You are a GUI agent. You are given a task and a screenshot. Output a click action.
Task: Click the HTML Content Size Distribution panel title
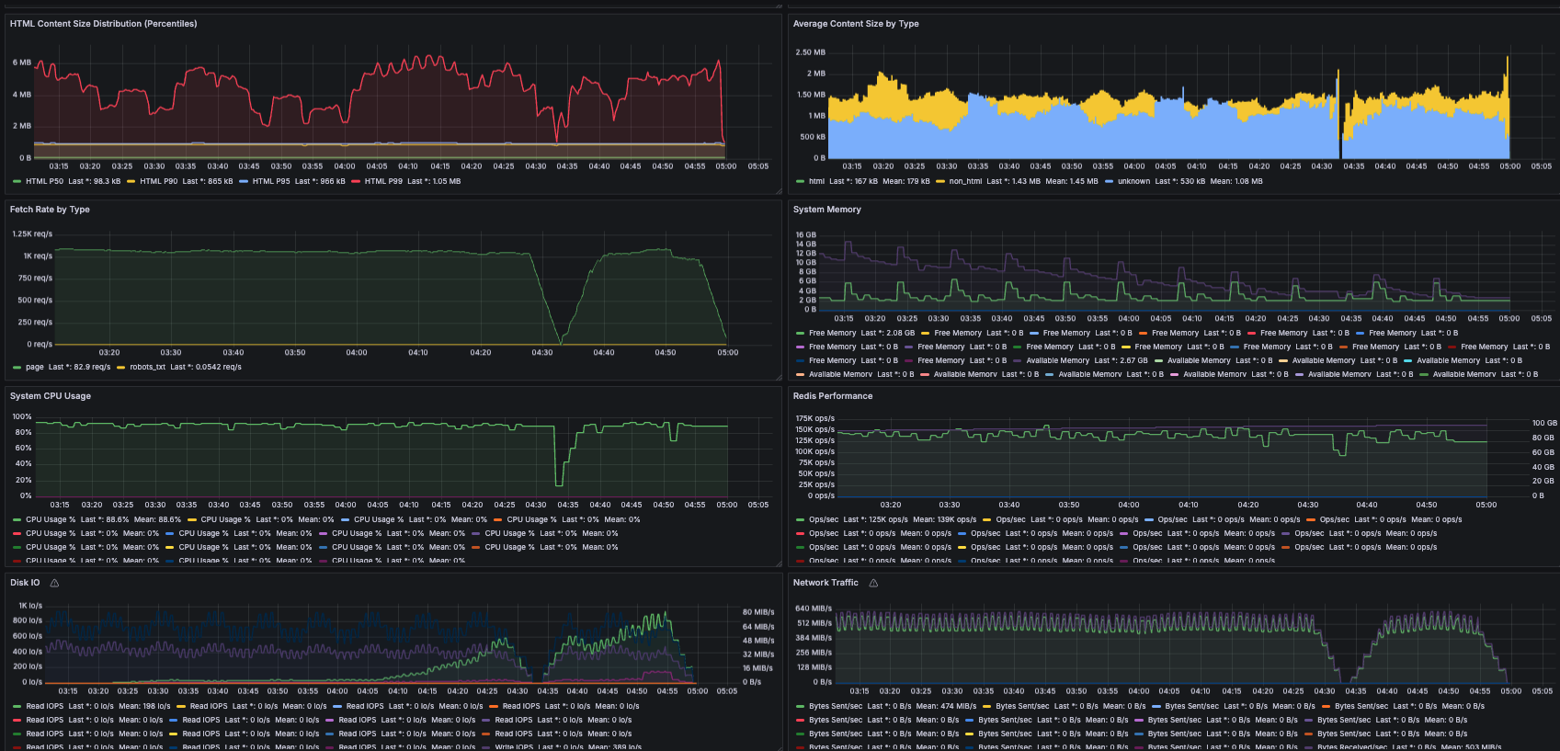point(103,24)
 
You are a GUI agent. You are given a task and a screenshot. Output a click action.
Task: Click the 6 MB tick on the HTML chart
point(22,63)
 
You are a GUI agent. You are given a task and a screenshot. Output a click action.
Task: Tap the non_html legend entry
point(965,181)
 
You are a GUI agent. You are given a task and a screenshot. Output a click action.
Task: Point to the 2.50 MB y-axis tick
point(810,52)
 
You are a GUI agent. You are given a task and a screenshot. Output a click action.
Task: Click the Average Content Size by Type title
point(855,24)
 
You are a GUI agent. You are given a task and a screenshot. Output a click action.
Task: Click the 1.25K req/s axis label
point(32,233)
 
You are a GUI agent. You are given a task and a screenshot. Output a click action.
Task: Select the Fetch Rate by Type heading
point(50,210)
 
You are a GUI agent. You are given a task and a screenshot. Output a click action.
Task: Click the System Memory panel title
point(826,210)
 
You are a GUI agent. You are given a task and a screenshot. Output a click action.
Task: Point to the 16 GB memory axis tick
point(805,235)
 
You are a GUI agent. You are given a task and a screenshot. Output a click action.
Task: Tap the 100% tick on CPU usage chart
point(22,416)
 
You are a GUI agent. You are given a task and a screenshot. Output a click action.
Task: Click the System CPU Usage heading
point(50,396)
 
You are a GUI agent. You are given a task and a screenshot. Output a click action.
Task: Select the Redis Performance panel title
point(832,396)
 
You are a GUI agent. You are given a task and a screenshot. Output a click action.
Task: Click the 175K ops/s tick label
point(814,418)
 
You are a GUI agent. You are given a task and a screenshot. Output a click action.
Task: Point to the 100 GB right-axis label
point(1544,423)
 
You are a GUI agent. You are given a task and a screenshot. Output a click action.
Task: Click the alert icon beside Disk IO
point(54,583)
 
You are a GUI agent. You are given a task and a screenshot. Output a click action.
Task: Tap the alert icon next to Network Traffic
point(873,583)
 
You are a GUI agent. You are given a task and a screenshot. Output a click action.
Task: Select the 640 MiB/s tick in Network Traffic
point(814,609)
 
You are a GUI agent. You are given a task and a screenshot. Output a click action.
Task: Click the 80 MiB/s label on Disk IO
point(758,611)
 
